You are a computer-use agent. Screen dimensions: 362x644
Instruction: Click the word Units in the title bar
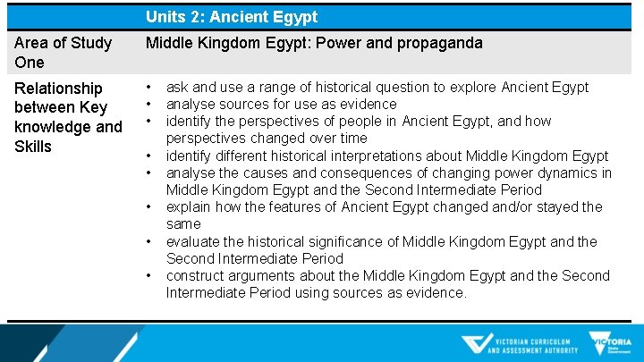[x=165, y=17]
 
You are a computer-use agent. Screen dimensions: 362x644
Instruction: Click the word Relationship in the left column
[x=58, y=88]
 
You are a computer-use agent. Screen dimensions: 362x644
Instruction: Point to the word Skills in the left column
[x=33, y=146]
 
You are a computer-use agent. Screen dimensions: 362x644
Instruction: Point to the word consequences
[x=359, y=173]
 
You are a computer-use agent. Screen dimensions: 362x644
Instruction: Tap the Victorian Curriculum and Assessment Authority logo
[x=519, y=344]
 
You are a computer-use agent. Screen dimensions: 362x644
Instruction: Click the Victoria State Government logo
[x=610, y=343]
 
